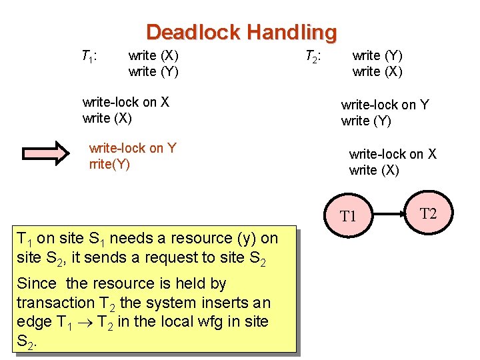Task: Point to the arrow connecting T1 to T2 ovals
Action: (x=390, y=214)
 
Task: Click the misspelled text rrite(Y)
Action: (x=109, y=164)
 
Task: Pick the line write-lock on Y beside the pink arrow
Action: (x=132, y=148)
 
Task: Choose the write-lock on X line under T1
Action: (x=125, y=102)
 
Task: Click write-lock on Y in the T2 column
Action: (x=385, y=105)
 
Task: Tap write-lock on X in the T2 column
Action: (x=393, y=154)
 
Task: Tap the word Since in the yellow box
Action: (x=37, y=283)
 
